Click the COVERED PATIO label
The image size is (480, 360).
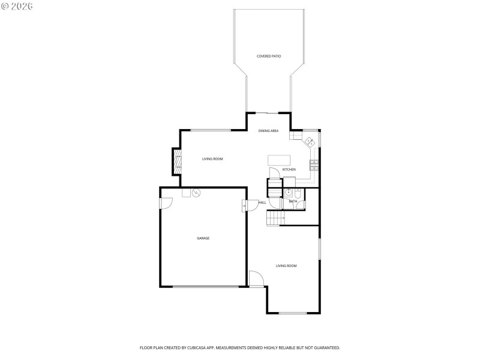click(x=269, y=56)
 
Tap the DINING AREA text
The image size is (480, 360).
click(x=268, y=131)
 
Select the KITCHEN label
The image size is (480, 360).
click(x=289, y=170)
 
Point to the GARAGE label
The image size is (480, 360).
click(x=203, y=238)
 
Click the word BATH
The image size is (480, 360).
click(x=293, y=202)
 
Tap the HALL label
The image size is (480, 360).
click(x=262, y=203)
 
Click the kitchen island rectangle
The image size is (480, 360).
click(x=278, y=160)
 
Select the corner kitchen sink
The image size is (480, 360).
click(x=310, y=142)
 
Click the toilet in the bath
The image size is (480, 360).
click(x=298, y=193)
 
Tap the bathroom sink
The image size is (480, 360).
click(x=288, y=193)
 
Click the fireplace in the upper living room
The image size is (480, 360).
click(x=178, y=160)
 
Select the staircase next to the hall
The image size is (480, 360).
click(x=274, y=218)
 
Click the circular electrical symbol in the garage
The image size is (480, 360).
click(x=196, y=193)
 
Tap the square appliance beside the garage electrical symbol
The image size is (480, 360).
click(x=186, y=193)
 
